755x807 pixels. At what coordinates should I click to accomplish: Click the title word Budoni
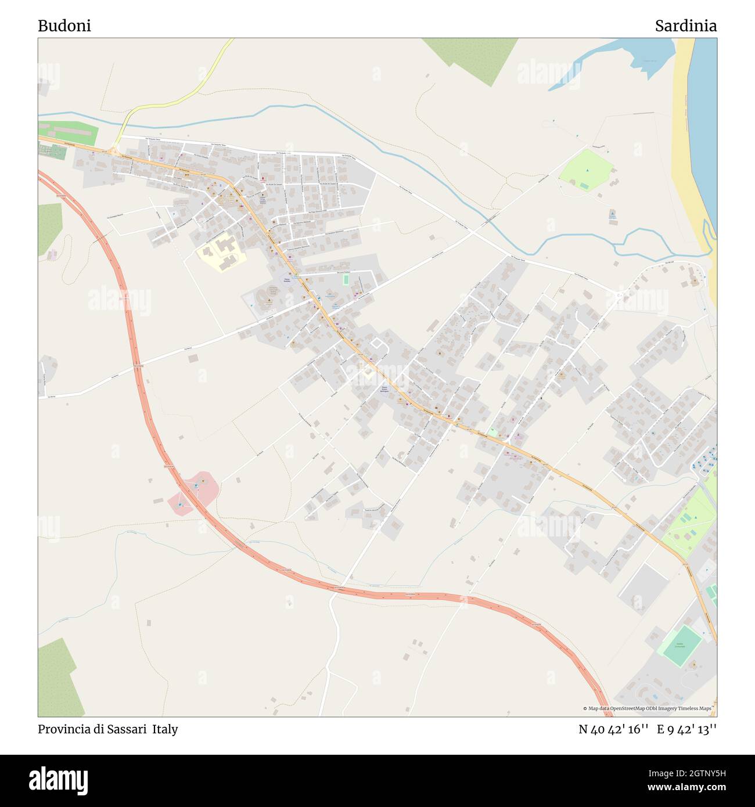pyautogui.click(x=64, y=26)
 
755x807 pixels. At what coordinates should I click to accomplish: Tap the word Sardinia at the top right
pyautogui.click(x=685, y=26)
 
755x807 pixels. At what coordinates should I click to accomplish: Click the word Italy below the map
pyautogui.click(x=166, y=729)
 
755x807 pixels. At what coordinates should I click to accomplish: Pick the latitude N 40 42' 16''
pyautogui.click(x=613, y=729)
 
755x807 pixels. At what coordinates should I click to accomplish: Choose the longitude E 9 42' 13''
pyautogui.click(x=686, y=729)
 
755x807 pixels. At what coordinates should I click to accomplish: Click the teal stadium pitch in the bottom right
pyautogui.click(x=683, y=646)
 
